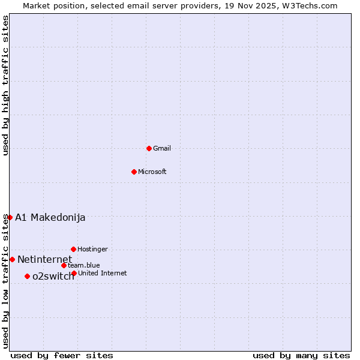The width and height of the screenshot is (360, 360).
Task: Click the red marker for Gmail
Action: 149,148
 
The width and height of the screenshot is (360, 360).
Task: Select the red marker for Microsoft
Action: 134,172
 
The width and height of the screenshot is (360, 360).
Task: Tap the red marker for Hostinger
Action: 73,249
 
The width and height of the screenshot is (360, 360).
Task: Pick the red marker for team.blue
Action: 64,265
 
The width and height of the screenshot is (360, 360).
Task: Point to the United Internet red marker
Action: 74,273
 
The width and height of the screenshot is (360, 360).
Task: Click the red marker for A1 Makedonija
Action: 10,217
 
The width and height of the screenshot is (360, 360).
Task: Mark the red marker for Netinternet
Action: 12,259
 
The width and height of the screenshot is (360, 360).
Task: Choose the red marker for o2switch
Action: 27,276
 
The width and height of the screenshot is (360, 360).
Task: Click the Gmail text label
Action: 162,148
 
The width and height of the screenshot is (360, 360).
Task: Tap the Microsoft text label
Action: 152,172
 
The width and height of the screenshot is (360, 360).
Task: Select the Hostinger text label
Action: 92,249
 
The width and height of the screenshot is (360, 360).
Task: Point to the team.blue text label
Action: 84,265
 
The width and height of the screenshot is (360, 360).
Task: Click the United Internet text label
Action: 102,273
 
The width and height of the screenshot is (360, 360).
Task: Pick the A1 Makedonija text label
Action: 50,217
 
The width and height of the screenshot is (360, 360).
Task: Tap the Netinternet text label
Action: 44,259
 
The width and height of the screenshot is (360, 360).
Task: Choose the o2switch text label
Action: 53,276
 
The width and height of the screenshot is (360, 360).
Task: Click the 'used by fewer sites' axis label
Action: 62,355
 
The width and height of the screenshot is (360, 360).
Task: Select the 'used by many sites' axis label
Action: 301,355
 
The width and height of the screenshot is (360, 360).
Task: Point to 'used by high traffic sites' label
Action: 5,85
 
